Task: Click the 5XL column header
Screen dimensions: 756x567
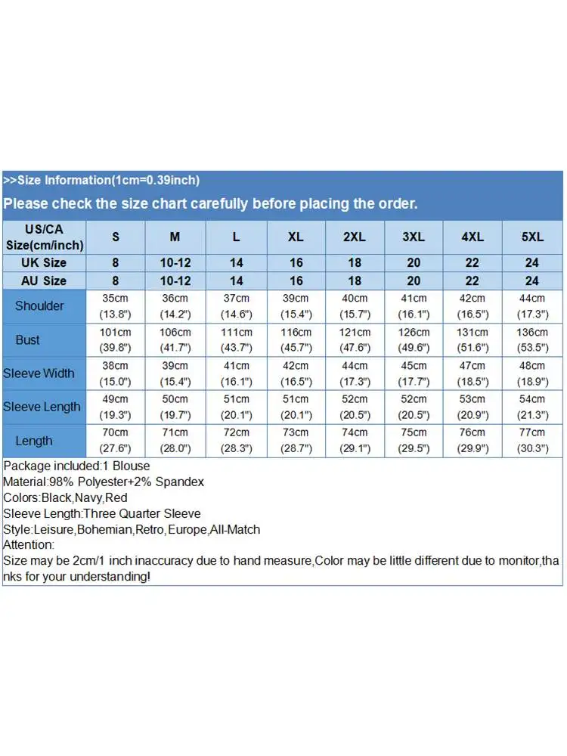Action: click(x=532, y=237)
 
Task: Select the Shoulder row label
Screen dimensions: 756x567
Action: click(x=39, y=306)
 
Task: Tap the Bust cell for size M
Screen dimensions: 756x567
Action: click(x=175, y=340)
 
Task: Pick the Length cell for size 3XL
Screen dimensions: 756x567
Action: click(x=414, y=441)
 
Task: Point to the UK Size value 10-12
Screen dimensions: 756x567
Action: click(x=175, y=263)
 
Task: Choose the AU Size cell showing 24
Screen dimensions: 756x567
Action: click(x=532, y=280)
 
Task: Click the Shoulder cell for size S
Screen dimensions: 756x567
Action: click(x=116, y=306)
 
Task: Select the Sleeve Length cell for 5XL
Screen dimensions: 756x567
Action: click(x=532, y=407)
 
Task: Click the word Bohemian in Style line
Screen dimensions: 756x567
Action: click(x=104, y=529)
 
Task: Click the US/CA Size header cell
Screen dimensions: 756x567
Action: click(x=44, y=237)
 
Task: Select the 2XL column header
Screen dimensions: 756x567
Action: click(x=355, y=237)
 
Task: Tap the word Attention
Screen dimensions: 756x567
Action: click(x=28, y=545)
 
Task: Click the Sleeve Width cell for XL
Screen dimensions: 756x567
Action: click(x=296, y=373)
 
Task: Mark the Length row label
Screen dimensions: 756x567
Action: click(x=34, y=441)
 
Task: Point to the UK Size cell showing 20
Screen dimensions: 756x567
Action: click(x=414, y=263)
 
